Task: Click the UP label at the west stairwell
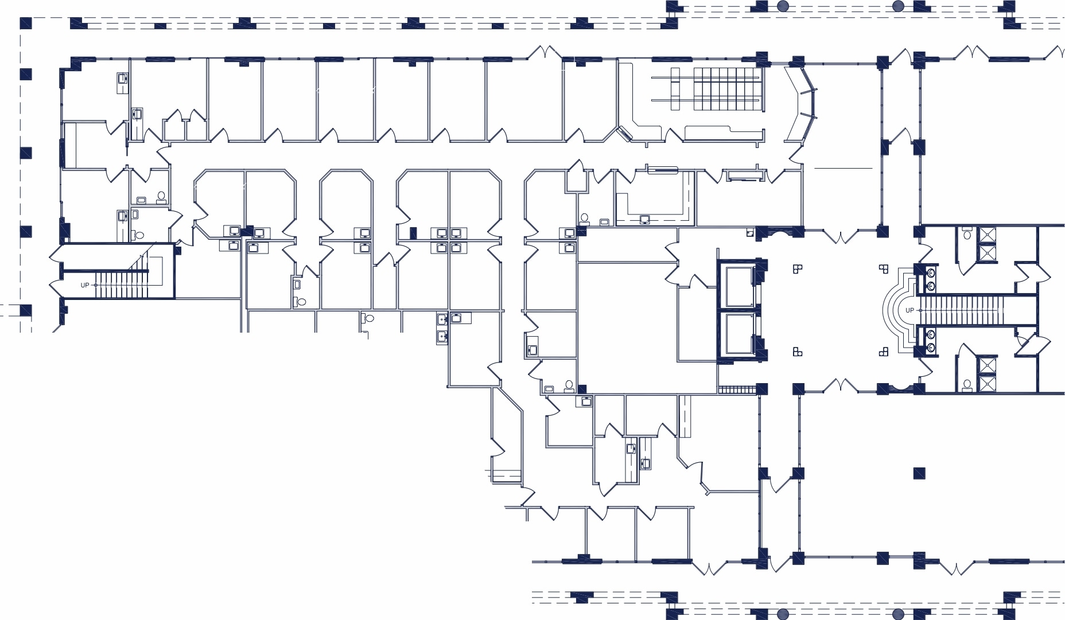(x=84, y=285)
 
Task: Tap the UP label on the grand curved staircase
(x=909, y=310)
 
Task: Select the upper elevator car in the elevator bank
(x=739, y=287)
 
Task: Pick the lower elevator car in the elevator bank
(x=739, y=334)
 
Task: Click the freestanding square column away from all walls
(x=919, y=473)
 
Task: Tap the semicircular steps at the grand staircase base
(x=895, y=310)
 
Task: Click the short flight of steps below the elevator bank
(x=737, y=389)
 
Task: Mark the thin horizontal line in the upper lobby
(x=843, y=168)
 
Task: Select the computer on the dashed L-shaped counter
(x=645, y=219)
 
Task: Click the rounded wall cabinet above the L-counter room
(x=662, y=169)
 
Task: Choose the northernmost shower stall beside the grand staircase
(x=988, y=235)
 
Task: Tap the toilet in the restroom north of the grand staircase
(x=966, y=234)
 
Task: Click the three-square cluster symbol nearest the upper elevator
(x=797, y=268)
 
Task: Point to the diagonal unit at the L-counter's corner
(x=625, y=134)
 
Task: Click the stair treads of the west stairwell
(x=121, y=285)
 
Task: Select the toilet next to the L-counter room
(x=584, y=218)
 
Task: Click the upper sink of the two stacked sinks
(x=441, y=320)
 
